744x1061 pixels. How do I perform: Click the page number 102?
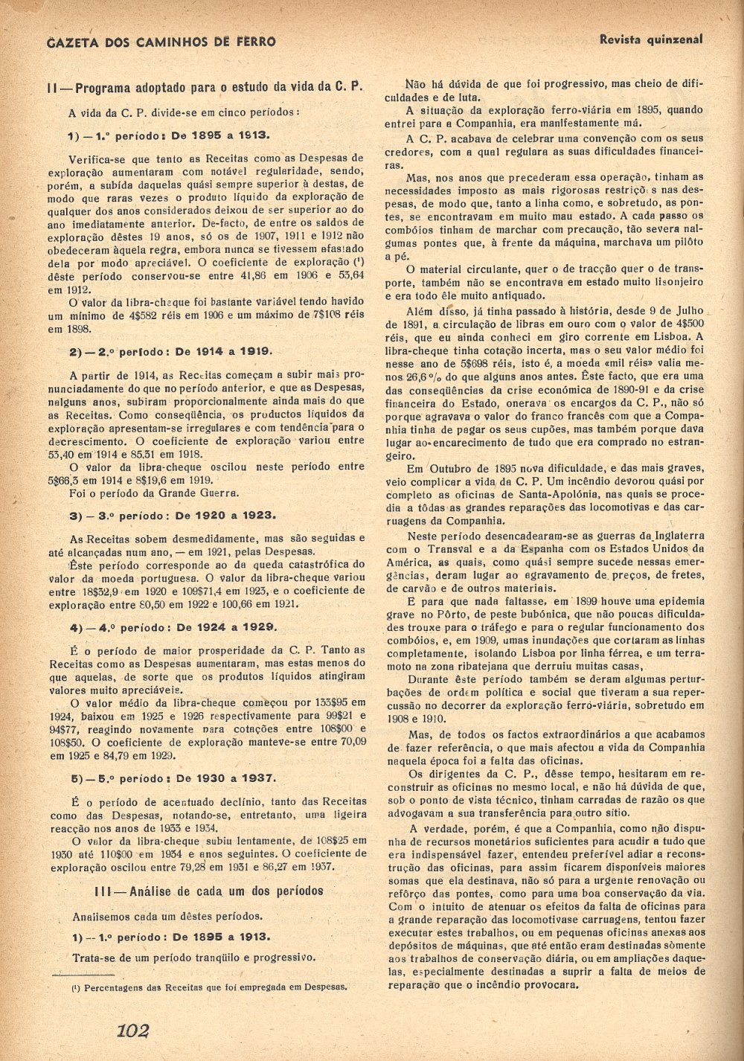133,1030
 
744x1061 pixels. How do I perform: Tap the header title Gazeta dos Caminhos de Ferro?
161,42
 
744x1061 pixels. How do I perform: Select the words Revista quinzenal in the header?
650,39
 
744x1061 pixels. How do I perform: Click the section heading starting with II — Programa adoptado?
205,86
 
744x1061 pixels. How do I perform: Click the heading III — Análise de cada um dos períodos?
209,891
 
